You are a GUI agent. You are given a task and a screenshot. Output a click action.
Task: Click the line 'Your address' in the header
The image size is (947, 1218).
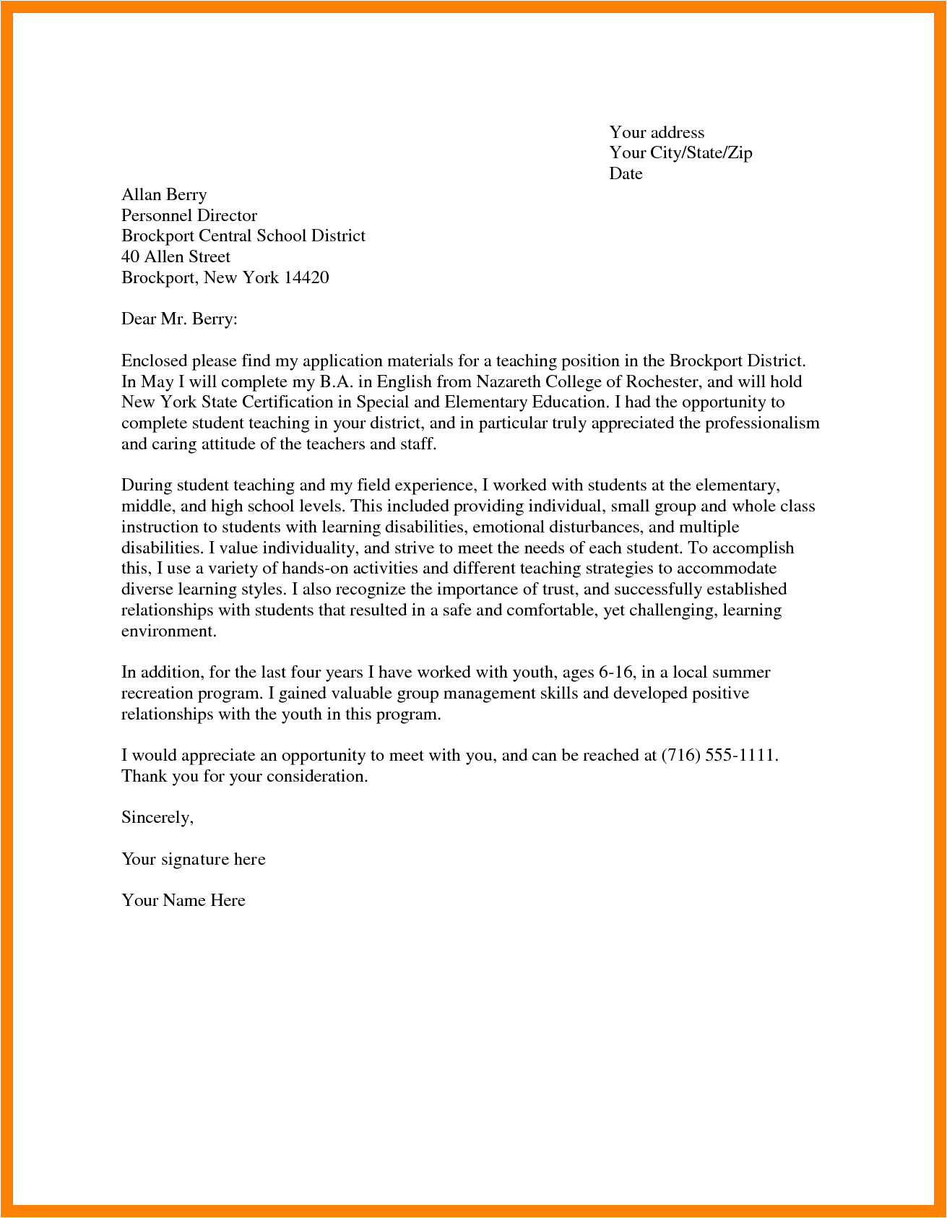pyautogui.click(x=656, y=132)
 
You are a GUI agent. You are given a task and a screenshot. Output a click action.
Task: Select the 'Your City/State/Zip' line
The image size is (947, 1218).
pyautogui.click(x=680, y=152)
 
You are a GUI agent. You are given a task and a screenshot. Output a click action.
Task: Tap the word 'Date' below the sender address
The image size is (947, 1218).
pyautogui.click(x=626, y=173)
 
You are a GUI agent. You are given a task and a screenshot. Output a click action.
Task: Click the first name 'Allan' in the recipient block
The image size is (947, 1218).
pyautogui.click(x=141, y=194)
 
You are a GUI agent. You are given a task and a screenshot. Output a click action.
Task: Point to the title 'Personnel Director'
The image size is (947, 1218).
pyautogui.click(x=189, y=215)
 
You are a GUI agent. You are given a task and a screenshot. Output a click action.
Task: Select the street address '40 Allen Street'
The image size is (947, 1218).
pyautogui.click(x=176, y=256)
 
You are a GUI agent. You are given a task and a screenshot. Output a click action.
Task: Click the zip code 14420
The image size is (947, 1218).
pyautogui.click(x=306, y=277)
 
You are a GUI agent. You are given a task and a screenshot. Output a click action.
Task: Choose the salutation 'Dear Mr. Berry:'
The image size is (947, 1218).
pyautogui.click(x=179, y=319)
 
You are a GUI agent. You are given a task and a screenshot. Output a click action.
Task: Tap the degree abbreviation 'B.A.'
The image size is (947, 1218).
pyautogui.click(x=336, y=381)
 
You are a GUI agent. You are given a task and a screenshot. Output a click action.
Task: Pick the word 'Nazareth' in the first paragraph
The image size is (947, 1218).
pyautogui.click(x=508, y=381)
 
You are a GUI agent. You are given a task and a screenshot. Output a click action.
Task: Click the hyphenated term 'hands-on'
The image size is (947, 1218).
pyautogui.click(x=315, y=569)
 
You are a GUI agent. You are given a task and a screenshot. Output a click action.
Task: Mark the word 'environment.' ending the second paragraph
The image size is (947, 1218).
pyautogui.click(x=168, y=631)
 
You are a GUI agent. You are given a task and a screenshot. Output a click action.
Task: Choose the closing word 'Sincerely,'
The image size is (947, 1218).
pyautogui.click(x=157, y=818)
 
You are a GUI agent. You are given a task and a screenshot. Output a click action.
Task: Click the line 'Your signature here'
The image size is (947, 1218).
pyautogui.click(x=193, y=860)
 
